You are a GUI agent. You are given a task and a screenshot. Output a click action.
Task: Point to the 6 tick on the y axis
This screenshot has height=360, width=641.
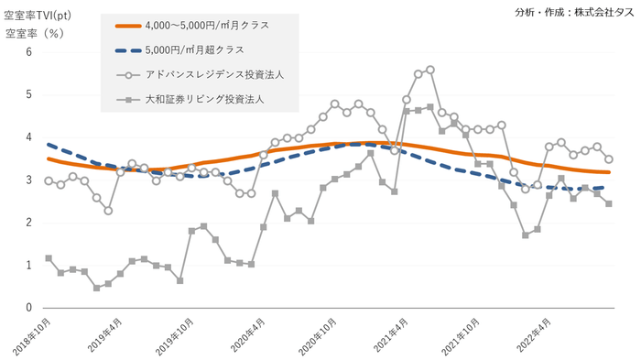pos(28,52)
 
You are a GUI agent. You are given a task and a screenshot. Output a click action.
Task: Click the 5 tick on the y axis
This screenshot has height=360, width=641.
pos(28,94)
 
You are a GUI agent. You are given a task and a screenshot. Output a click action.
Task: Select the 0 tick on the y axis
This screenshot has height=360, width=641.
pos(28,308)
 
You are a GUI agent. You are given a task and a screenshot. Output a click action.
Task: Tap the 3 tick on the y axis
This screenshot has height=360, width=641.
pos(28,180)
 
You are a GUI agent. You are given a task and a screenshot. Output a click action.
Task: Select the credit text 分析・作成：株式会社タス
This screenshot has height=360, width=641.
pos(573,12)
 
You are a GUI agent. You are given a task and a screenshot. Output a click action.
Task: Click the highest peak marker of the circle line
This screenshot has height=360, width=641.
pos(429,70)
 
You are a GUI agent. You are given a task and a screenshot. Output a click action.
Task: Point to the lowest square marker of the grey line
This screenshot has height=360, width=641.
pos(96,288)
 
